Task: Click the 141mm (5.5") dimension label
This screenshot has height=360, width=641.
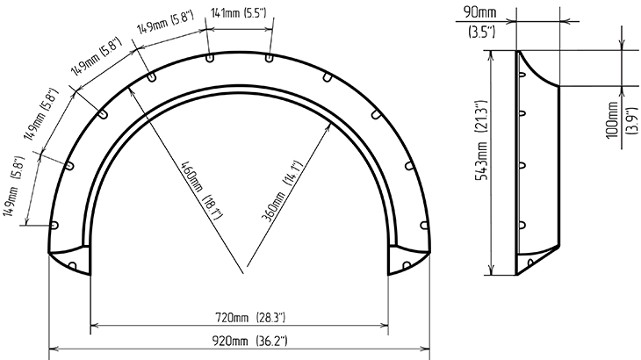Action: [238, 13]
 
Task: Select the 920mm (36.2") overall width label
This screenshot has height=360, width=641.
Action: [249, 341]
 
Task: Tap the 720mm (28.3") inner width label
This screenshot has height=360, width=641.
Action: [250, 318]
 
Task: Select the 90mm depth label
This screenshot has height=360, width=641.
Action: [479, 11]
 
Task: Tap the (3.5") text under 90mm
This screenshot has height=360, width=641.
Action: [481, 32]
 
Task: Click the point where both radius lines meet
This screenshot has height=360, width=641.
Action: [244, 273]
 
